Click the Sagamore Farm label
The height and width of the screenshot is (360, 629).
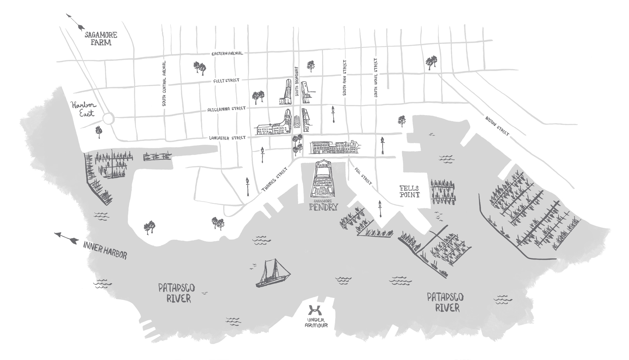pyautogui.click(x=101, y=39)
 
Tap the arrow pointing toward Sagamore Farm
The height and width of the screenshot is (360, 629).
pyautogui.click(x=75, y=22)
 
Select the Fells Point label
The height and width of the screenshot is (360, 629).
pyautogui.click(x=409, y=191)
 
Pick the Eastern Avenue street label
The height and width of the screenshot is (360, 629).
pyautogui.click(x=227, y=54)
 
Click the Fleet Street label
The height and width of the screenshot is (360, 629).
pyautogui.click(x=226, y=80)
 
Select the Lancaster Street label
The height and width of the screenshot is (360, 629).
pyautogui.click(x=227, y=138)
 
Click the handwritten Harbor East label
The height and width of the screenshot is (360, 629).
pyautogui.click(x=83, y=109)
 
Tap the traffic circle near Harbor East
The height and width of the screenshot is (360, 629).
pyautogui.click(x=108, y=118)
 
